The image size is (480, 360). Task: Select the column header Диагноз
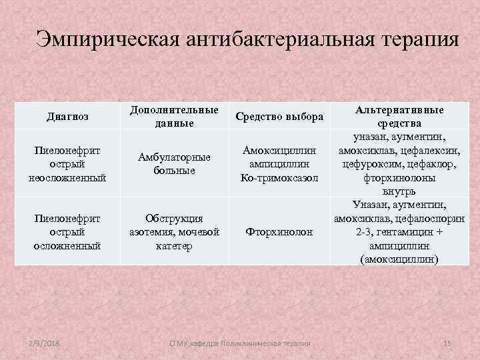pyautogui.click(x=68, y=117)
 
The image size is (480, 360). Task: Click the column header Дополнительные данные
pyautogui.click(x=174, y=116)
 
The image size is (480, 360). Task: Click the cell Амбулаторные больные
pyautogui.click(x=174, y=163)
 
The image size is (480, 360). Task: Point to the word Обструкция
pyautogui.click(x=175, y=218)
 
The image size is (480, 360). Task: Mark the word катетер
pyautogui.click(x=175, y=246)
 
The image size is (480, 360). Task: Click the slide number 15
pyautogui.click(x=447, y=342)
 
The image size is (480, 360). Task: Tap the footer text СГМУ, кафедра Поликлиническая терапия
pyautogui.click(x=240, y=342)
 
